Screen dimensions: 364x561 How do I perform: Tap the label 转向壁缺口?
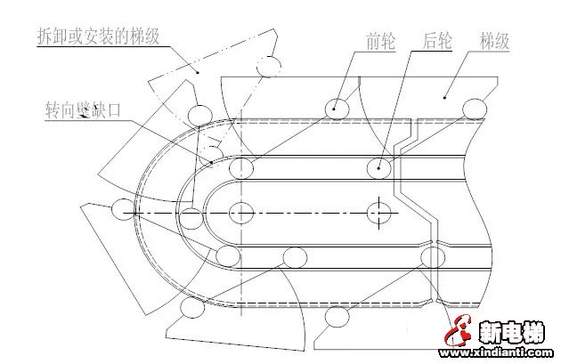pyautogui.click(x=83, y=110)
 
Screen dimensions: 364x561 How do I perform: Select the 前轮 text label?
pyautogui.click(x=380, y=41)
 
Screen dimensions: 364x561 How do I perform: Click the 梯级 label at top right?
pyautogui.click(x=496, y=41)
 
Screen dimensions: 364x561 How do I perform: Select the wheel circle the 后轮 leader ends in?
pyautogui.click(x=379, y=166)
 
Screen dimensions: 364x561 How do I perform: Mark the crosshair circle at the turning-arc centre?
pyautogui.click(x=241, y=213)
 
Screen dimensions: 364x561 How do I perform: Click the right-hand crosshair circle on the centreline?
pyautogui.click(x=378, y=213)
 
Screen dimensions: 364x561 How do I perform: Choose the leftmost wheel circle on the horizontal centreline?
pyautogui.click(x=121, y=212)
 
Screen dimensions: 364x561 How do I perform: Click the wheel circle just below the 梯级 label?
pyautogui.click(x=475, y=108)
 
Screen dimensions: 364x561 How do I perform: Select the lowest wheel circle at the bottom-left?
pyautogui.click(x=190, y=308)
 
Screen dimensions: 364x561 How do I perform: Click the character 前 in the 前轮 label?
pyautogui.click(x=372, y=41)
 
